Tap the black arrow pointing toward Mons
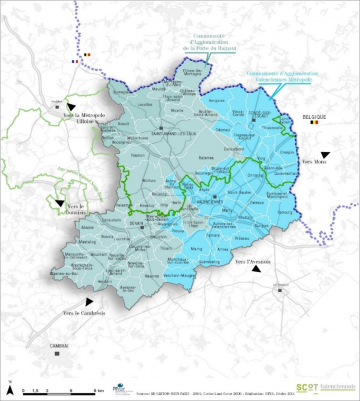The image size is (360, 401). pyautogui.click(x=325, y=153)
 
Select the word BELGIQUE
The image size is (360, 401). pyautogui.click(x=315, y=116)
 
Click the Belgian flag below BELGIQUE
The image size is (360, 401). pyautogui.click(x=315, y=125)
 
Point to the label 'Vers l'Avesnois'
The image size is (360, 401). pyautogui.click(x=253, y=263)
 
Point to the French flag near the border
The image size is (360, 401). pyautogui.click(x=74, y=61)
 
